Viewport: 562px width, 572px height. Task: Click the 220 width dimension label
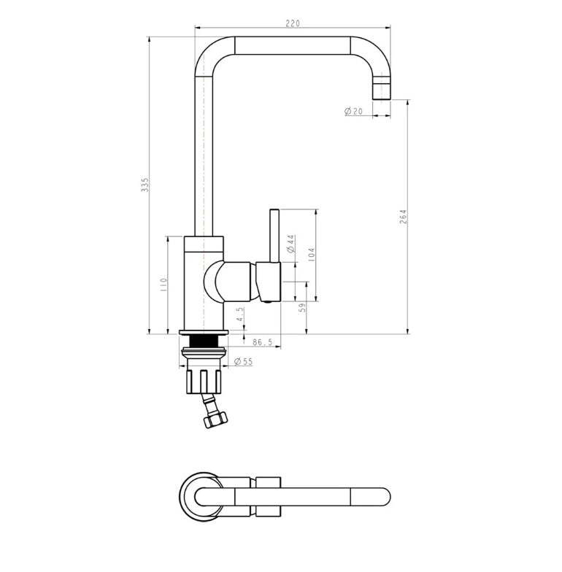pyautogui.click(x=292, y=23)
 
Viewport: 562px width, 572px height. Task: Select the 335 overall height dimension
pyautogui.click(x=145, y=184)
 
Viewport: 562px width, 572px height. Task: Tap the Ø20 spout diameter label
pyautogui.click(x=353, y=111)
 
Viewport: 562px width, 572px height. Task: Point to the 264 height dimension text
pyautogui.click(x=403, y=217)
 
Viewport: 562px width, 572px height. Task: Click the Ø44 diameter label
pyautogui.click(x=290, y=244)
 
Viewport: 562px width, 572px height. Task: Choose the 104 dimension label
pyautogui.click(x=312, y=255)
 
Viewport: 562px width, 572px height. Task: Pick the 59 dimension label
pyautogui.click(x=301, y=308)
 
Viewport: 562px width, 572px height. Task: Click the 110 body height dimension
pyautogui.click(x=163, y=285)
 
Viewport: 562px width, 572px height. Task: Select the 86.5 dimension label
pyautogui.click(x=263, y=341)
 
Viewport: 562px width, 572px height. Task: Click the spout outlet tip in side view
pyautogui.click(x=381, y=90)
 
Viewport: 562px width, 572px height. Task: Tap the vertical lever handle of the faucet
pyautogui.click(x=275, y=233)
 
